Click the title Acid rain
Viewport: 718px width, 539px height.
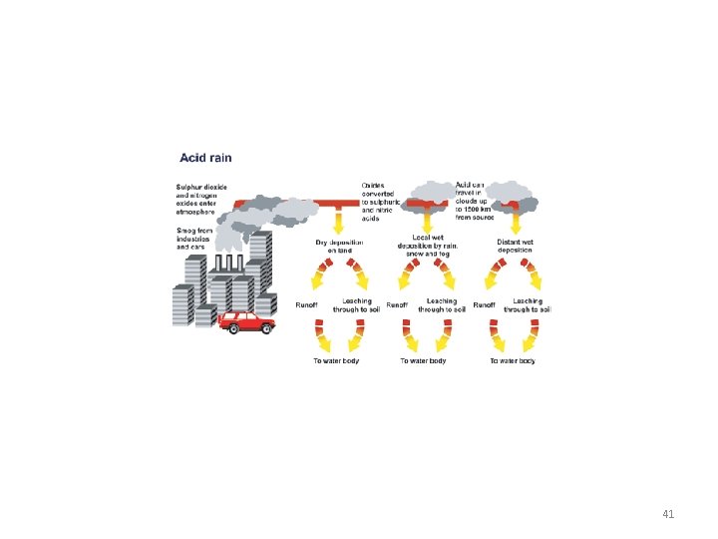(x=206, y=158)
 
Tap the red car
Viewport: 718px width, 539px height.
(x=245, y=321)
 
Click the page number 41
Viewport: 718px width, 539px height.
(x=669, y=515)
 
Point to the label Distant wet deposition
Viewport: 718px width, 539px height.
(x=515, y=246)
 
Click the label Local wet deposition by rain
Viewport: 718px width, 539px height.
(x=427, y=246)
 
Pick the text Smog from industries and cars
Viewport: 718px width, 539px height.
(x=193, y=238)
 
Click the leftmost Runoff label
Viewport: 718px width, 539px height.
(x=307, y=304)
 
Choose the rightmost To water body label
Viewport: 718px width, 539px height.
(x=513, y=360)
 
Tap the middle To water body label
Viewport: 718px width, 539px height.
(x=423, y=360)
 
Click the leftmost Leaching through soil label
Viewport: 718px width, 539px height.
(x=356, y=304)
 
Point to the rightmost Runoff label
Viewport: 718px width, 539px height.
(x=485, y=304)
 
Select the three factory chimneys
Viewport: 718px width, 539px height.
(x=228, y=264)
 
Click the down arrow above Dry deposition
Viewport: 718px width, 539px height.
(x=339, y=221)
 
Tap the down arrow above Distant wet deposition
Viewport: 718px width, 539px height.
(x=516, y=221)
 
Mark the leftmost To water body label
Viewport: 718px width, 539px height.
(x=336, y=360)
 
